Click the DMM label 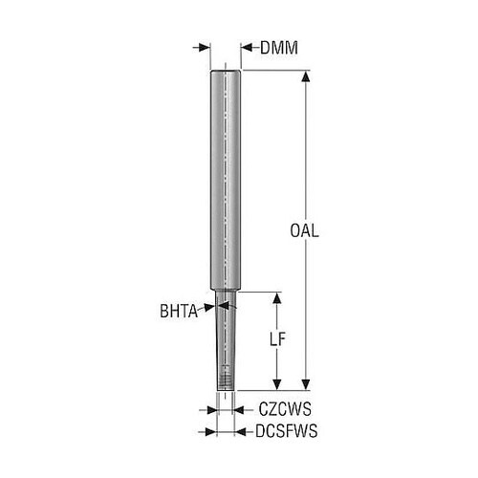click(279, 48)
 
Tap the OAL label click(304, 230)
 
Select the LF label click(277, 339)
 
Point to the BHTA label click(179, 311)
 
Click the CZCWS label click(285, 409)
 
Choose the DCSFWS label click(287, 431)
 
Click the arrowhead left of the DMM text click(247, 48)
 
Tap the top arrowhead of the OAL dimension click(306, 77)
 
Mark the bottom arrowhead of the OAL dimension click(306, 384)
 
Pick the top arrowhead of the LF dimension click(277, 298)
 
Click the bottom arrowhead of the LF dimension click(277, 384)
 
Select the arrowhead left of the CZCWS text click(239, 410)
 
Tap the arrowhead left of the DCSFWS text click(240, 432)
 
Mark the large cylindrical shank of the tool click(226, 180)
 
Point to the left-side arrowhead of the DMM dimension click(205, 48)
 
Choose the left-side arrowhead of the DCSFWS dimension click(211, 432)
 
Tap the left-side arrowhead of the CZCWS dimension click(212, 410)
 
